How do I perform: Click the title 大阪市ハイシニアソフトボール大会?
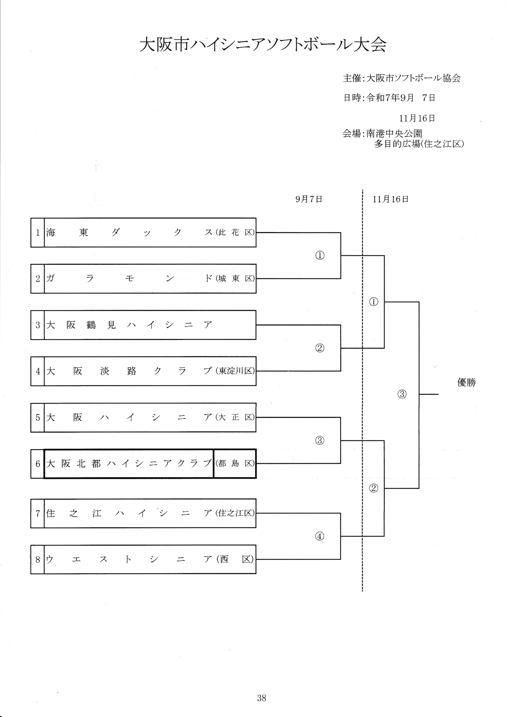coord(263,45)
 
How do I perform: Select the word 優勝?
coord(466,383)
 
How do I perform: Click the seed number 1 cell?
coord(38,233)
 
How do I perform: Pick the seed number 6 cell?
coord(38,464)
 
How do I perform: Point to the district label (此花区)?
coord(235,233)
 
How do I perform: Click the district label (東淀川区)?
coord(235,371)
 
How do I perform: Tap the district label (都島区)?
coord(235,464)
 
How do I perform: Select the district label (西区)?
coord(235,559)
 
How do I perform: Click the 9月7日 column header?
coord(309,199)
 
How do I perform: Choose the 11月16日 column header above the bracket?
coord(390,199)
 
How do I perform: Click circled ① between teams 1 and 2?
coord(320,256)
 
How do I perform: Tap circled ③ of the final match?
coord(402,394)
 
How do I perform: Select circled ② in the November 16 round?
coord(374,488)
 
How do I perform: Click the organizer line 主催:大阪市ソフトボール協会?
coord(402,78)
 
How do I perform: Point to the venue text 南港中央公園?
coord(394,134)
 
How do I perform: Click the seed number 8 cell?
coord(38,559)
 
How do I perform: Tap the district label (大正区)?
coord(235,418)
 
